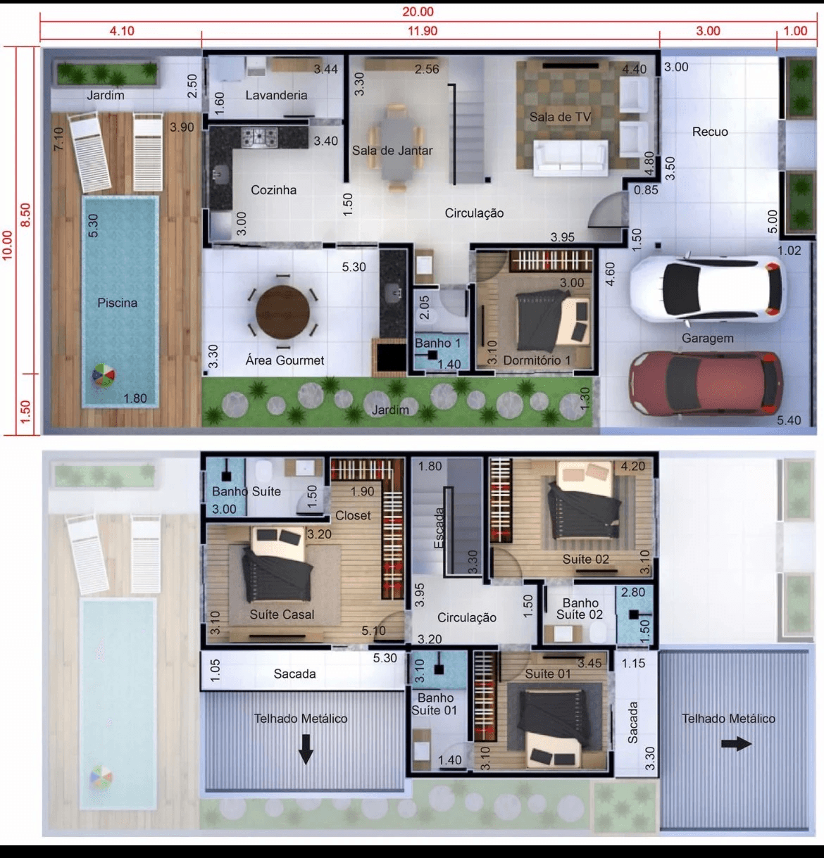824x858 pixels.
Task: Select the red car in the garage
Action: tap(706, 384)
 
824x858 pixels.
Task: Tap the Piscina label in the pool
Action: tap(118, 303)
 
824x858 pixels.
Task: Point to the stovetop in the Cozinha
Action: tap(259, 137)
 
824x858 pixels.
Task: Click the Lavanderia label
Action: tap(276, 95)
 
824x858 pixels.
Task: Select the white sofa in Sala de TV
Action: tap(570, 158)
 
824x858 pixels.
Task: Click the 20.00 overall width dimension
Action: tap(418, 11)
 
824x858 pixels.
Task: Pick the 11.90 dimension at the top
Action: tap(423, 31)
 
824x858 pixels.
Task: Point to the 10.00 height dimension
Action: tap(8, 246)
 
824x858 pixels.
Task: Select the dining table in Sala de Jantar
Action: tap(397, 148)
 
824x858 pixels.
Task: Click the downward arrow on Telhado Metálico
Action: tap(306, 749)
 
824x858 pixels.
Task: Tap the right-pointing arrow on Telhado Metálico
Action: tap(736, 744)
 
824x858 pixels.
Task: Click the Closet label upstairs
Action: tap(353, 515)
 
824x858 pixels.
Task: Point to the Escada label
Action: tap(439, 528)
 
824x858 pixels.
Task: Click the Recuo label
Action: tap(710, 132)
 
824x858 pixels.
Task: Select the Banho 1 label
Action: tap(437, 343)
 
